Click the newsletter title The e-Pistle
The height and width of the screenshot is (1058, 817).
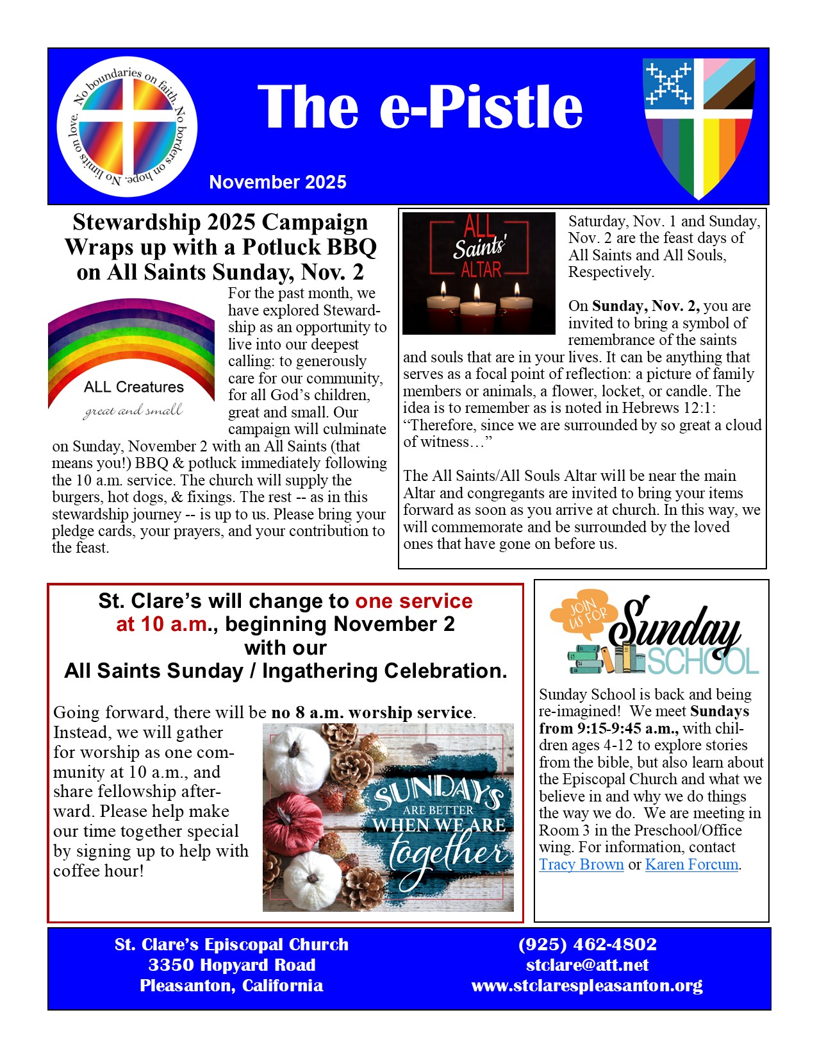[420, 107]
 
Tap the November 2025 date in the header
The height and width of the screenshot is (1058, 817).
[277, 182]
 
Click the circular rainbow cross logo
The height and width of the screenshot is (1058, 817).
[127, 126]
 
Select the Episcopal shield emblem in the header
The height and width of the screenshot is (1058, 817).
[698, 127]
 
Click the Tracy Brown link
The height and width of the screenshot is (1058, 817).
[581, 864]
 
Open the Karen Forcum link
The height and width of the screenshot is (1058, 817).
[691, 864]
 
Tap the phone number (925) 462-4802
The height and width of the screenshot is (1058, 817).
[587, 945]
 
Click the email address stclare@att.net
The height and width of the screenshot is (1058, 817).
[587, 965]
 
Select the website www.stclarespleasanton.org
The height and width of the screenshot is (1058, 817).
[587, 986]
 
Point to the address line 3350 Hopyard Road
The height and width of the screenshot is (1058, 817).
[232, 965]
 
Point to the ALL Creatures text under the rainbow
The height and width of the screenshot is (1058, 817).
[134, 387]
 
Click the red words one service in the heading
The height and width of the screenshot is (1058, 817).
[414, 601]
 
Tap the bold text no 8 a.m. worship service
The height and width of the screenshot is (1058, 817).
[372, 712]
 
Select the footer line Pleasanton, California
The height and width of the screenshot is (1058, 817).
[232, 986]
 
